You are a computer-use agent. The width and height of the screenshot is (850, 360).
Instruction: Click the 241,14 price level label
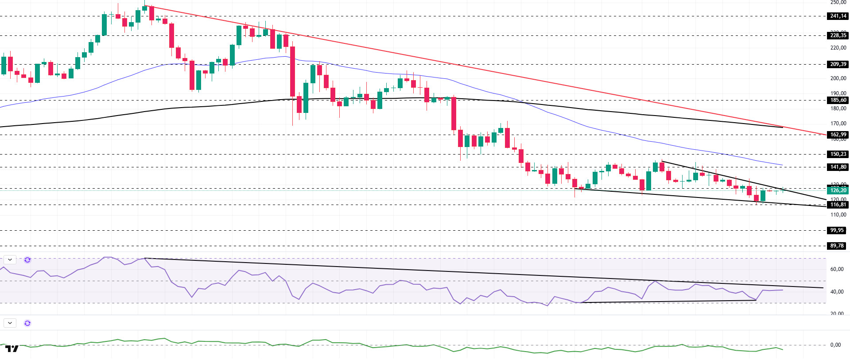tap(838, 16)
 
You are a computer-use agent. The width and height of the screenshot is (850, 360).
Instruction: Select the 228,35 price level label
tap(838, 35)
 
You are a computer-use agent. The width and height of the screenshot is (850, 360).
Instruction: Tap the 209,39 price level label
tap(838, 64)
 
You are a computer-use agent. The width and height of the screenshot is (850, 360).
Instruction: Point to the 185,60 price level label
tap(838, 100)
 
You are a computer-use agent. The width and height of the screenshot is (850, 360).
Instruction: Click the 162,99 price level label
tap(838, 135)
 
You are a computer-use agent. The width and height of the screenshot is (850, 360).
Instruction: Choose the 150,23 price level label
tap(838, 154)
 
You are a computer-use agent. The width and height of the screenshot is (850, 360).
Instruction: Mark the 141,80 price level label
tap(838, 167)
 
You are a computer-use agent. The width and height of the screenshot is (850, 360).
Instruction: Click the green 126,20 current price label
tap(838, 190)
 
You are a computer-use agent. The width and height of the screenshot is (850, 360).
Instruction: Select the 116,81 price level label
tap(838, 205)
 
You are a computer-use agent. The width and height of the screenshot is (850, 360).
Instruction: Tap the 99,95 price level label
tap(837, 230)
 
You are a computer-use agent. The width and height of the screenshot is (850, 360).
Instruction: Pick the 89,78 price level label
tap(837, 246)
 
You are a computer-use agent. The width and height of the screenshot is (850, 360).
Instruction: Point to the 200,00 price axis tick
tap(838, 78)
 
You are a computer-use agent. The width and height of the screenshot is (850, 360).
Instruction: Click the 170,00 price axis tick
tap(838, 124)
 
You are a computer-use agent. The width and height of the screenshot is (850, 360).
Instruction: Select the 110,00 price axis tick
tap(838, 215)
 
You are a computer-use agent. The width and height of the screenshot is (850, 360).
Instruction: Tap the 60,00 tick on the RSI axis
tap(837, 269)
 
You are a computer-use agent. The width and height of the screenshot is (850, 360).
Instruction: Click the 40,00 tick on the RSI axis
tap(837, 292)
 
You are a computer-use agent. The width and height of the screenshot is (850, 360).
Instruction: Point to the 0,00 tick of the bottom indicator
tap(835, 345)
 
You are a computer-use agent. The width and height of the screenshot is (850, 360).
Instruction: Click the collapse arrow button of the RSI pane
tap(10, 260)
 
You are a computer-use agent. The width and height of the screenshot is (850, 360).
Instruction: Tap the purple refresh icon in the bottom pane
tap(27, 323)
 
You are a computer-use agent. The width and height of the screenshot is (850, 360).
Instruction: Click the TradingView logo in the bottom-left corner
tap(12, 349)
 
